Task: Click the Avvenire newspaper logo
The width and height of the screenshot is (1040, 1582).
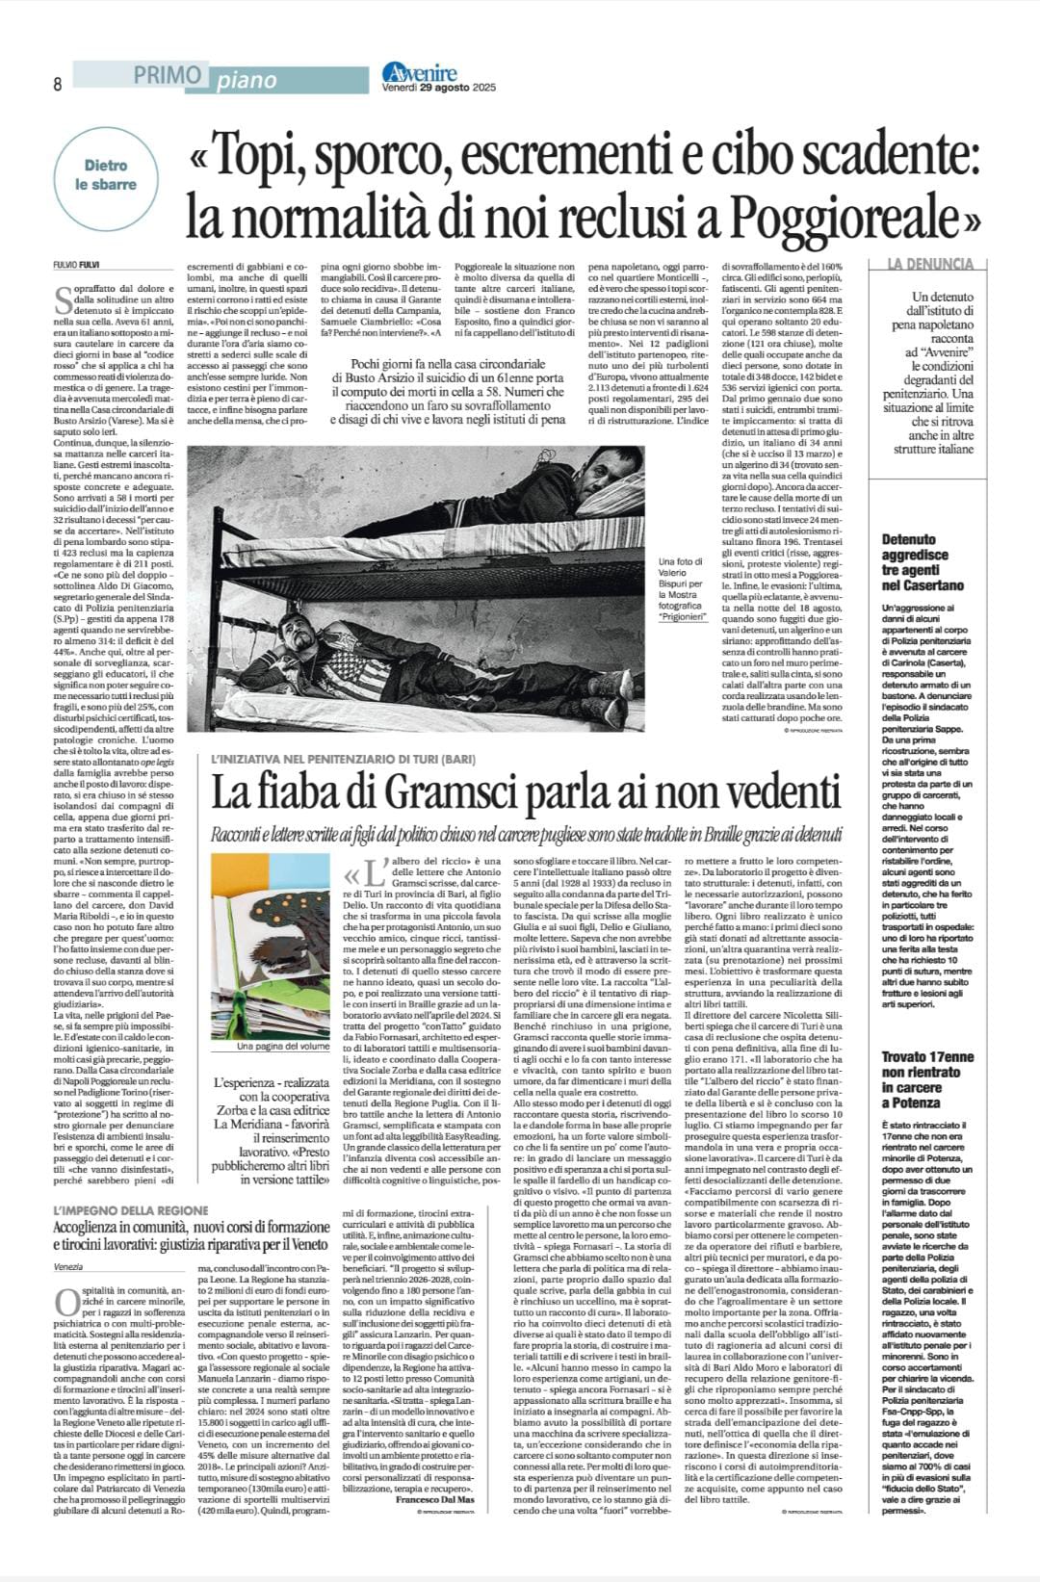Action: [x=420, y=71]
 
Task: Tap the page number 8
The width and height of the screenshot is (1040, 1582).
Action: [x=58, y=85]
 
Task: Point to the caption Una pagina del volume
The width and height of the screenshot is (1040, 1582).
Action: [x=283, y=1047]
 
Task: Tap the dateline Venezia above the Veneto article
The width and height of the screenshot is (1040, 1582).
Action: [x=68, y=1267]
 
